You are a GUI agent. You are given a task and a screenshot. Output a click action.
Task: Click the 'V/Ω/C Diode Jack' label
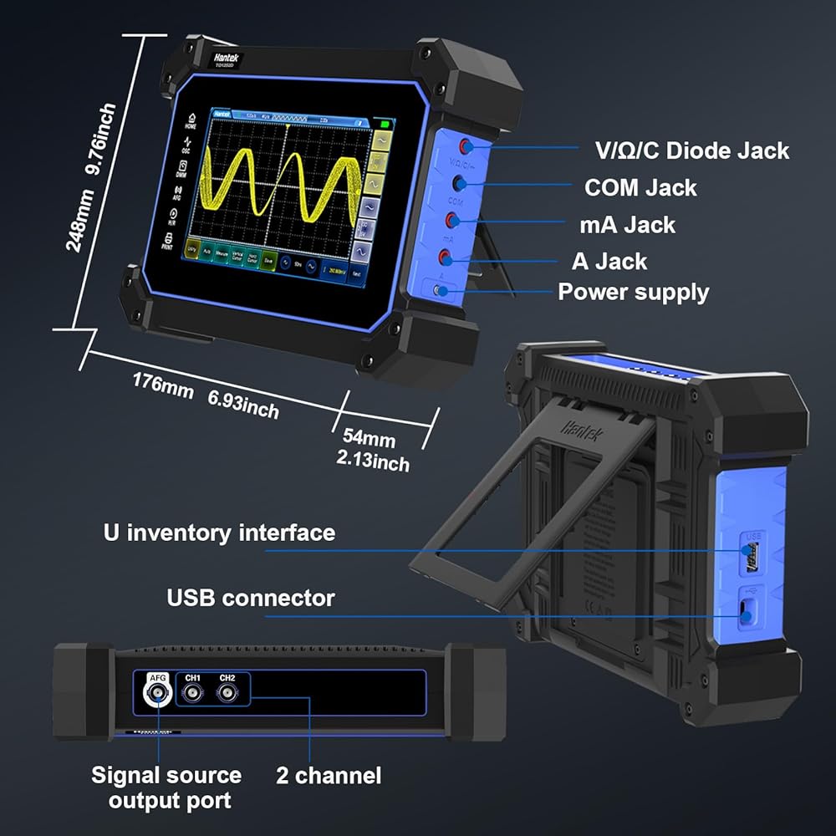click(691, 150)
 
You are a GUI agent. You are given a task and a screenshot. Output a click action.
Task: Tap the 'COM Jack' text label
click(640, 187)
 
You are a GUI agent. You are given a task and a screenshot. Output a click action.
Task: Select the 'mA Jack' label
click(627, 224)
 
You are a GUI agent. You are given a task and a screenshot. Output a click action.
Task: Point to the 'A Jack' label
click(609, 261)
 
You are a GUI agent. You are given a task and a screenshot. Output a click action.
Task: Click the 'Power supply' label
click(633, 292)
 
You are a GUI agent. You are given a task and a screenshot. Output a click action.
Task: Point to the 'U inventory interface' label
click(219, 533)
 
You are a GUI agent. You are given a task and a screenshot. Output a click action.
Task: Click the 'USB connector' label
click(251, 598)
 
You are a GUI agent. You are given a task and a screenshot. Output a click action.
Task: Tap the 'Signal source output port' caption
click(166, 788)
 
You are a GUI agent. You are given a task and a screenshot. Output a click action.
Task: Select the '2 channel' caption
click(329, 775)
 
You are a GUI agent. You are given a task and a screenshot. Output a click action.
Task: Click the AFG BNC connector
click(157, 693)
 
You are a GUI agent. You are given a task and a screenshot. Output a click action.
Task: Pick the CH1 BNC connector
click(193, 693)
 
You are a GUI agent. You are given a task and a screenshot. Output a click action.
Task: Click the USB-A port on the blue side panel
click(752, 555)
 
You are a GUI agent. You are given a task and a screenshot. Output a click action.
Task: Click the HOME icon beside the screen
click(191, 120)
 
